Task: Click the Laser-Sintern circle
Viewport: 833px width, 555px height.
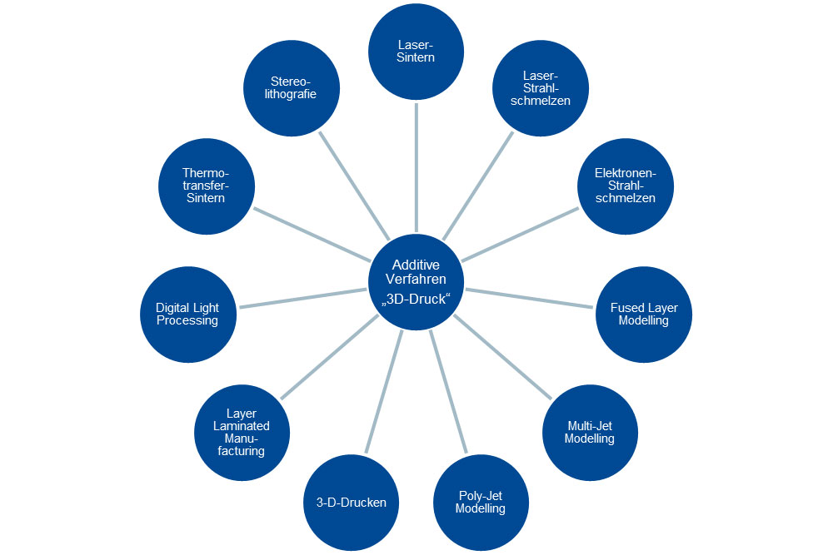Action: pyautogui.click(x=416, y=52)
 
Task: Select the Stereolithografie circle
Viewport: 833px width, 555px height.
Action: pyautogui.click(x=292, y=88)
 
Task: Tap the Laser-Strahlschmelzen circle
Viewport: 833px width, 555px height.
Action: pyautogui.click(x=542, y=87)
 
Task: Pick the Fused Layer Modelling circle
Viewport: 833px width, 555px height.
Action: pyautogui.click(x=644, y=314)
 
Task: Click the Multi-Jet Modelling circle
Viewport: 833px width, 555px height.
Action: pyautogui.click(x=590, y=432)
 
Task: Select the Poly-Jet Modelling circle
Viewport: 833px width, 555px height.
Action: pyautogui.click(x=481, y=502)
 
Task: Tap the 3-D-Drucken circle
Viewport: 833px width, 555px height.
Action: pyautogui.click(x=352, y=502)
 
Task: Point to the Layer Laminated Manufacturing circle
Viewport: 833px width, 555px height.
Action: pyautogui.click(x=242, y=432)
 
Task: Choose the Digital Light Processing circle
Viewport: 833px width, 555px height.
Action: pyautogui.click(x=187, y=314)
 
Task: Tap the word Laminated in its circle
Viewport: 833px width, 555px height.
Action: pyautogui.click(x=242, y=426)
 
